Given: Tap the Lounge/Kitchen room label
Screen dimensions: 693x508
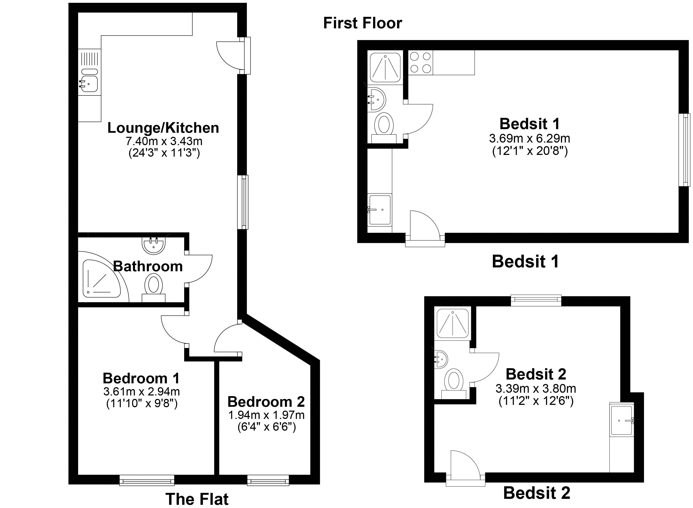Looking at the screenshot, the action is [x=163, y=128].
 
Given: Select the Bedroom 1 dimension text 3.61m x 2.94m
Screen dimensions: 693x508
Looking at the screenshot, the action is [x=142, y=391].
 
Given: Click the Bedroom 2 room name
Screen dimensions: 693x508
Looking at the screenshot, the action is [x=266, y=402].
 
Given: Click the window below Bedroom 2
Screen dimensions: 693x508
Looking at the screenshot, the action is [x=268, y=480].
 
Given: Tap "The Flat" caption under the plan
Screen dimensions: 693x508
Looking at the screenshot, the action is [x=197, y=499].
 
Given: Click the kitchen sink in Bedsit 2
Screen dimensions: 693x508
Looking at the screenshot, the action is [x=622, y=421].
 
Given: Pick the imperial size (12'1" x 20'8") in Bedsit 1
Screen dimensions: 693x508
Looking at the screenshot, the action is [x=530, y=151].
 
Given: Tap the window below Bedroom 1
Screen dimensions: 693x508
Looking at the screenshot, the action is [x=147, y=480].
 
